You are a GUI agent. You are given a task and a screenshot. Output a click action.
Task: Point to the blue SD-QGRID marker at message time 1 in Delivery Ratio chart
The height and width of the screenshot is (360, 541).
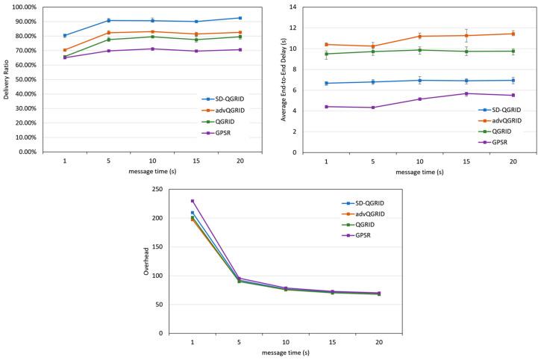pos(65,36)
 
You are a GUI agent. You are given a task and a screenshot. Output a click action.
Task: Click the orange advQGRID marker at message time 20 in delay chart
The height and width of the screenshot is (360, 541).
pos(513,34)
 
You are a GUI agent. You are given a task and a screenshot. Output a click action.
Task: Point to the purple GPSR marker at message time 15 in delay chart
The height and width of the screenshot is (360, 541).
pos(466,93)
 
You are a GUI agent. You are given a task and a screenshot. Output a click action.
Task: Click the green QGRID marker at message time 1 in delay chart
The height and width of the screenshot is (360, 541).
pos(326,54)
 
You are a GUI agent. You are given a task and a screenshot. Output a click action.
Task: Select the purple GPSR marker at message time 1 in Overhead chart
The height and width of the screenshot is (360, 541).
pos(193,201)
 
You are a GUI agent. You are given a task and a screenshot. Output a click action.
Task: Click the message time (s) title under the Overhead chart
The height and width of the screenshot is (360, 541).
pos(285,354)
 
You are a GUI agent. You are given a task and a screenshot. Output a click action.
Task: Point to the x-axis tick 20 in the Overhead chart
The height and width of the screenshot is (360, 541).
pos(379,342)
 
